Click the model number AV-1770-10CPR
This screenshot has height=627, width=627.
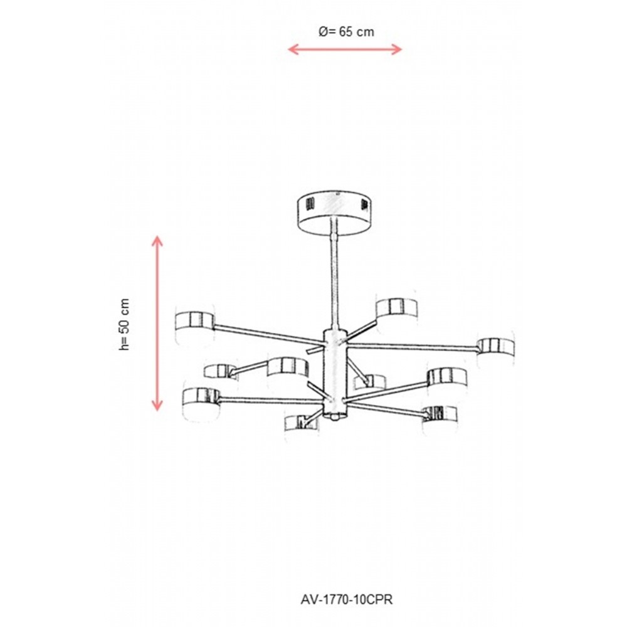(x=346, y=599)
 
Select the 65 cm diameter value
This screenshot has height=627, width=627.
(x=357, y=31)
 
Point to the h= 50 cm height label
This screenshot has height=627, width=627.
(x=125, y=324)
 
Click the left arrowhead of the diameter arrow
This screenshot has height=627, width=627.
(x=293, y=49)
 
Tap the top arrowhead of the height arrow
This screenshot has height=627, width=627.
(x=157, y=241)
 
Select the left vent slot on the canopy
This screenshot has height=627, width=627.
(x=308, y=206)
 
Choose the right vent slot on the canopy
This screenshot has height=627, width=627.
(x=364, y=205)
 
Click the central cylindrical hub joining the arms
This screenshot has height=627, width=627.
(x=335, y=371)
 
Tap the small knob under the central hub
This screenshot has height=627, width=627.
(x=335, y=418)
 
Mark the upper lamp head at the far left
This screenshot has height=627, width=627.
(x=195, y=321)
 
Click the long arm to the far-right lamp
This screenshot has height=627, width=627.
(x=413, y=346)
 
